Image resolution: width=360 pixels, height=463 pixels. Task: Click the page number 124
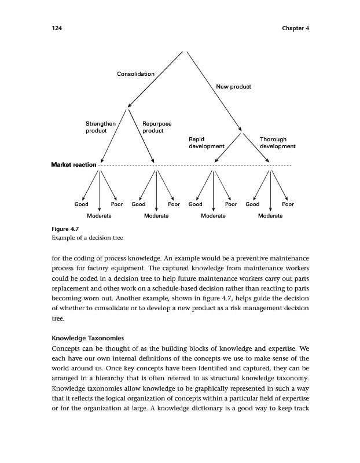57,28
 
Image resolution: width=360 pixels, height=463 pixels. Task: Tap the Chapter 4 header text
295,28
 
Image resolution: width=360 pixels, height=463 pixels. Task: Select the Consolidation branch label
135,74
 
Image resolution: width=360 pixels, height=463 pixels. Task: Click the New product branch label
233,87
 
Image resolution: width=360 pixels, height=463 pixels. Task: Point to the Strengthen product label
101,127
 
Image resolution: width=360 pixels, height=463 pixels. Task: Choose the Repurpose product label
156,127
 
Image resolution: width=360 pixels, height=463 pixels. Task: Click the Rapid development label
206,143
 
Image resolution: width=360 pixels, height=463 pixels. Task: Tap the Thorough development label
277,143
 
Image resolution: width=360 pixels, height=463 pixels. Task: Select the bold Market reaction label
74,166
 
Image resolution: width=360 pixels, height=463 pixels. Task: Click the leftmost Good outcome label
81,204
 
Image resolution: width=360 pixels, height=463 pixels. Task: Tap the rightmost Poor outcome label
288,204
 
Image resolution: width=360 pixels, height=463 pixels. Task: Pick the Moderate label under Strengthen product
99,215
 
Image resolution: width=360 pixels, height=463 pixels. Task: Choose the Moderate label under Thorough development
270,215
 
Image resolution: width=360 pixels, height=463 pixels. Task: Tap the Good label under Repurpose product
138,204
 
